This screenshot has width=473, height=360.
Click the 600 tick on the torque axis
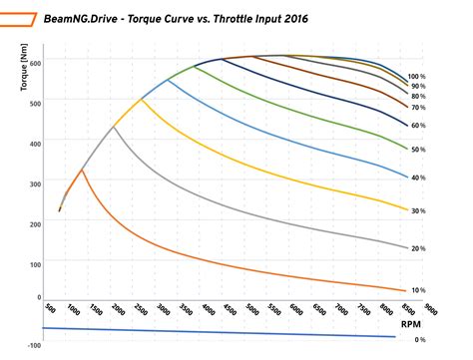[x=37, y=63]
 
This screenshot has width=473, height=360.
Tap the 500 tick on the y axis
[x=37, y=103]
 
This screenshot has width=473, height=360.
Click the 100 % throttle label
[x=417, y=76]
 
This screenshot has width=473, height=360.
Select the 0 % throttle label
[x=420, y=340]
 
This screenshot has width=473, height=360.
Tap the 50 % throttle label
[x=418, y=149]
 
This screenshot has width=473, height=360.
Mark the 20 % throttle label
[x=418, y=248]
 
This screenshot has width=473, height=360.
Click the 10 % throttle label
[x=418, y=290]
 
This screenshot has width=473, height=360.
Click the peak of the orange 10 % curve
[x=82, y=171]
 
